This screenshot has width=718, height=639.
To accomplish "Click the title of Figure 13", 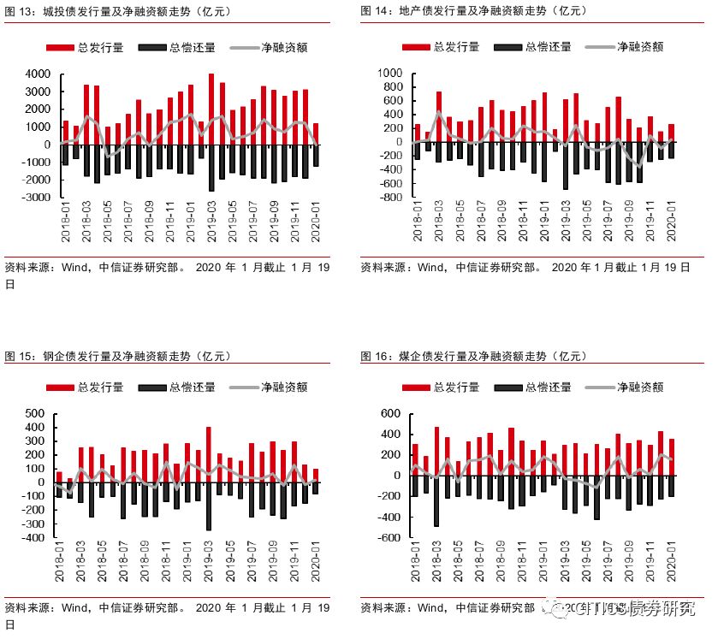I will click(x=120, y=11).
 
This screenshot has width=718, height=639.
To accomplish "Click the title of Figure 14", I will click(x=475, y=11).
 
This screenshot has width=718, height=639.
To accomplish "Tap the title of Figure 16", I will click(x=474, y=356).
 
